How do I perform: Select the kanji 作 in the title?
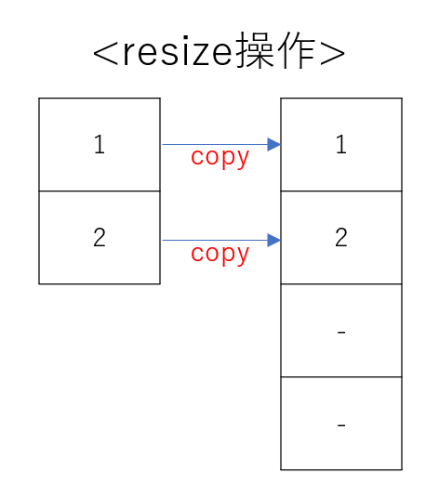(x=294, y=53)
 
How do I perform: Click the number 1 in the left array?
(x=100, y=145)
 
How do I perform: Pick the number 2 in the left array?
(x=100, y=238)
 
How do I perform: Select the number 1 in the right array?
(x=341, y=145)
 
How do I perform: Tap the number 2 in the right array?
(x=341, y=238)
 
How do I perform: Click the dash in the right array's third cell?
(x=341, y=332)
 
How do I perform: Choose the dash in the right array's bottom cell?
(x=341, y=425)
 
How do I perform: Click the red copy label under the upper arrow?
(x=220, y=157)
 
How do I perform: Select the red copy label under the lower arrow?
(x=220, y=254)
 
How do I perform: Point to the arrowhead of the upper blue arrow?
(x=273, y=144)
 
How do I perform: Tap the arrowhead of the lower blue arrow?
(x=273, y=241)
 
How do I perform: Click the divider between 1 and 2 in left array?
(x=100, y=191)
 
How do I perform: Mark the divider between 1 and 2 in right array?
(x=341, y=191)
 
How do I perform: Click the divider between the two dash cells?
(x=341, y=376)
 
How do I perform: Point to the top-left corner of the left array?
(x=39, y=99)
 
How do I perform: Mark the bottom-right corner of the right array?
(x=402, y=469)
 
